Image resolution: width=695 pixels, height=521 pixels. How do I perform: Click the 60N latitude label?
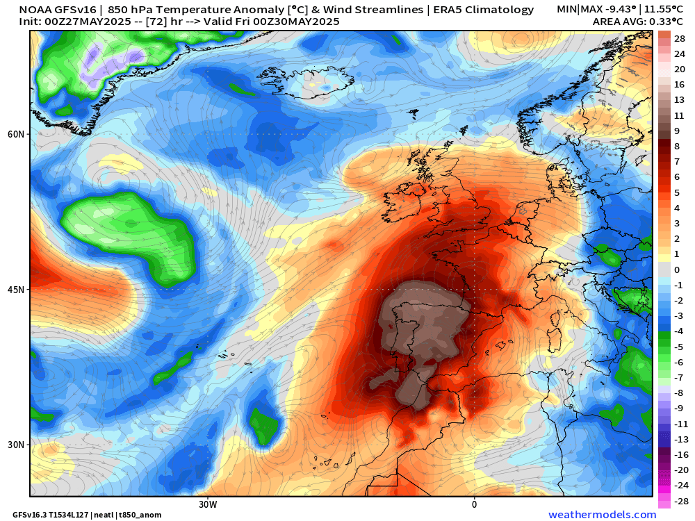click(15, 134)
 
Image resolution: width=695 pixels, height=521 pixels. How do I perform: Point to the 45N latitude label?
click(15, 290)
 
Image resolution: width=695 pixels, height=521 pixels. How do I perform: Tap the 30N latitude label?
click(15, 445)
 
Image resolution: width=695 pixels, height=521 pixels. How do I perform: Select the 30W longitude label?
click(207, 504)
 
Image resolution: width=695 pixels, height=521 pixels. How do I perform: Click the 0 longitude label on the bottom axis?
click(474, 504)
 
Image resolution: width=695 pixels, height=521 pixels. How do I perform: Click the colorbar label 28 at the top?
click(680, 38)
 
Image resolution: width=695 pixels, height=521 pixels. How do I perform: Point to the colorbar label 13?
click(679, 100)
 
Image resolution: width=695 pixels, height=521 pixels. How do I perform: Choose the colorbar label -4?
click(678, 331)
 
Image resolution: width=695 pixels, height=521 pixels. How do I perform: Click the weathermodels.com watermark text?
click(602, 515)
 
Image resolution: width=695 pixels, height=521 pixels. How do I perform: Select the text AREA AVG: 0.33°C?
click(638, 22)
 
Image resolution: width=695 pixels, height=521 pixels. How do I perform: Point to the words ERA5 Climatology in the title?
click(484, 10)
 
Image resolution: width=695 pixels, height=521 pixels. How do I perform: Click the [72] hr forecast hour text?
click(164, 22)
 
